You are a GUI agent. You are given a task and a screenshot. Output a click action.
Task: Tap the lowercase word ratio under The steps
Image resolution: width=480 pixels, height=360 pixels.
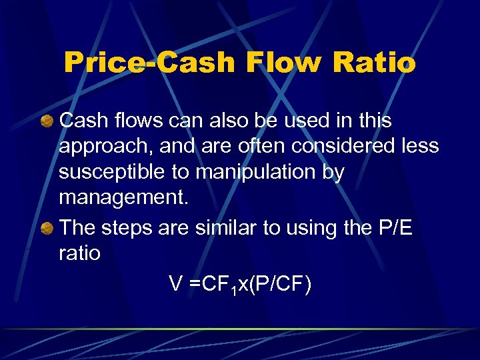point(79,253)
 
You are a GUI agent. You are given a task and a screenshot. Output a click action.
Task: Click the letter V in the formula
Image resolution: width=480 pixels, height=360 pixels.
point(176,285)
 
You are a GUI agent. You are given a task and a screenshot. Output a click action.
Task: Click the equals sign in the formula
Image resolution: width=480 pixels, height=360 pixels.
point(194,285)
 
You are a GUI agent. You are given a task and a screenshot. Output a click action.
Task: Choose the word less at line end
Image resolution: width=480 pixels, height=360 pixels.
point(423,147)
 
